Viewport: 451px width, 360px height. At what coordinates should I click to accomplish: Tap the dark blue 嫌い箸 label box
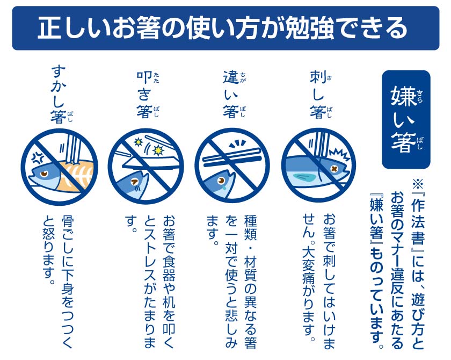406,119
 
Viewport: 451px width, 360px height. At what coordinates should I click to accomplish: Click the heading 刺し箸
320,95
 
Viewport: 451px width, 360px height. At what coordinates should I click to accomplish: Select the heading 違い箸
234,95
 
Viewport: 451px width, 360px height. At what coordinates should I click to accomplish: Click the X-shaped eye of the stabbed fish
334,169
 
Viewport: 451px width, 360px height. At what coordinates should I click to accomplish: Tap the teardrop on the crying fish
224,187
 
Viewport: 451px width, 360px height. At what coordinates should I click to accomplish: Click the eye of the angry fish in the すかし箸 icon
44,174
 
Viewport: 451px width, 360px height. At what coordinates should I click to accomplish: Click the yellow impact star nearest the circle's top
139,142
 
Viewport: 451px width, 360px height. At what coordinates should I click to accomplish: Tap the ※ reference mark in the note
418,183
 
